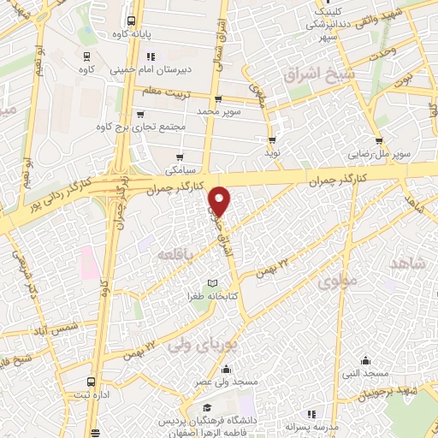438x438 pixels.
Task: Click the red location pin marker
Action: click(x=220, y=200)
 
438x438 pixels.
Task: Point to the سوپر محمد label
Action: click(x=217, y=112)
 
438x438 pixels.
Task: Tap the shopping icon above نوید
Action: click(x=272, y=140)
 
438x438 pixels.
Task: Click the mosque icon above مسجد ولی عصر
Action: click(x=226, y=370)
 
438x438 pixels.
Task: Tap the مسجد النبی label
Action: click(x=365, y=374)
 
